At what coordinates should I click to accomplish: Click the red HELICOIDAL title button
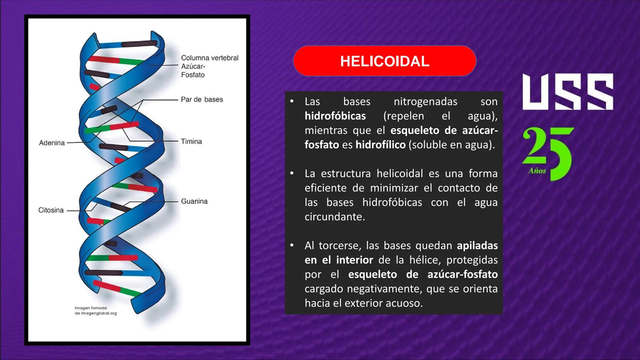tap(384, 61)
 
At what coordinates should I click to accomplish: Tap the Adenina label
tap(52, 143)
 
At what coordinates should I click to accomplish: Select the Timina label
tap(191, 141)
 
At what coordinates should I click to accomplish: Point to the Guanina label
tap(194, 201)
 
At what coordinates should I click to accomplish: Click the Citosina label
tap(51, 210)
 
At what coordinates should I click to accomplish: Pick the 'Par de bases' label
tap(202, 99)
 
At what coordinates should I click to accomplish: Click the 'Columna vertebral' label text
tap(210, 58)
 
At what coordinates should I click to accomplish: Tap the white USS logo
tap(568, 92)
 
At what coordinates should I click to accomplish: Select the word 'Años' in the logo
tap(537, 171)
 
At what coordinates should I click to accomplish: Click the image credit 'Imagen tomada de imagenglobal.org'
tap(96, 311)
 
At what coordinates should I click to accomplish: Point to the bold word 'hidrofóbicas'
tap(335, 116)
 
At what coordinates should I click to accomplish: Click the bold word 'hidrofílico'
tap(380, 145)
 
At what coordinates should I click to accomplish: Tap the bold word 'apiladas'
tap(477, 246)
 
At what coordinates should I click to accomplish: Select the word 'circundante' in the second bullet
tap(334, 217)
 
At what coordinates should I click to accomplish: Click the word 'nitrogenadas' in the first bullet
tap(425, 102)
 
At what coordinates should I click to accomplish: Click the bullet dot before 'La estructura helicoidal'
tap(292, 173)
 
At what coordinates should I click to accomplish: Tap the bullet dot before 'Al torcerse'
tap(292, 245)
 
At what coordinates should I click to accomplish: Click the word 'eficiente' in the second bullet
tap(325, 188)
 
